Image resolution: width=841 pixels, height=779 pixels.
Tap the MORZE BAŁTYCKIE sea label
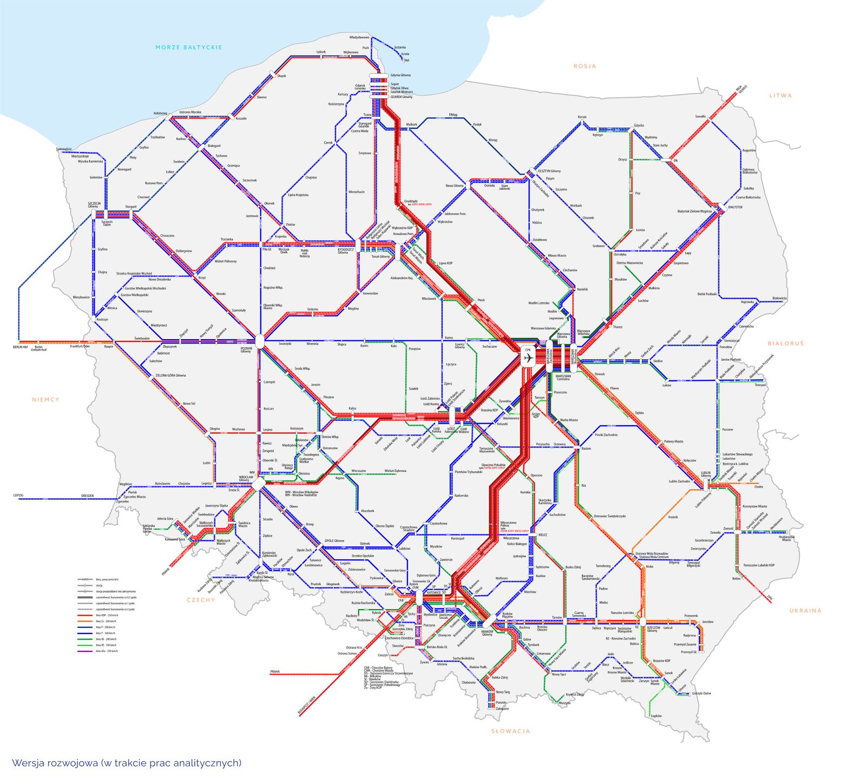(188, 48)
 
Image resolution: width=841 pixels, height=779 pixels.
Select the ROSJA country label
(584, 66)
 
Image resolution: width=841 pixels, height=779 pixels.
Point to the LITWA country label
(780, 95)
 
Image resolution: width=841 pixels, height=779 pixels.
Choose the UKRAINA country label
(805, 610)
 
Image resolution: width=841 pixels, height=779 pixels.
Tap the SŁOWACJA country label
(510, 731)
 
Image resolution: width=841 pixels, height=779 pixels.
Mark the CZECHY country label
(201, 599)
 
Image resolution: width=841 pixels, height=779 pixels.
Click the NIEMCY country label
(45, 399)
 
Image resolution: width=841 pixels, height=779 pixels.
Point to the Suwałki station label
(700, 116)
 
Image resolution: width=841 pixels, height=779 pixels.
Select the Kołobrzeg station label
(161, 113)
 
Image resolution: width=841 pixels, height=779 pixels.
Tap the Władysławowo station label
(359, 37)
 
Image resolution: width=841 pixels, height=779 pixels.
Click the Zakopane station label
(502, 709)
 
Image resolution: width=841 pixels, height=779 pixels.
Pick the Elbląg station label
(453, 115)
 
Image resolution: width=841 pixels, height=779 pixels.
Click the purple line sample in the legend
(85, 651)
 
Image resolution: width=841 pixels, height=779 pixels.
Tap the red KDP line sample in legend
(85, 615)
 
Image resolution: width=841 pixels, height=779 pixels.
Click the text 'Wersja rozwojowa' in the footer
(54, 763)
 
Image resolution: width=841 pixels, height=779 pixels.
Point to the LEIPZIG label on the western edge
(19, 495)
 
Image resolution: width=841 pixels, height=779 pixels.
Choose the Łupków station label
(656, 716)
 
